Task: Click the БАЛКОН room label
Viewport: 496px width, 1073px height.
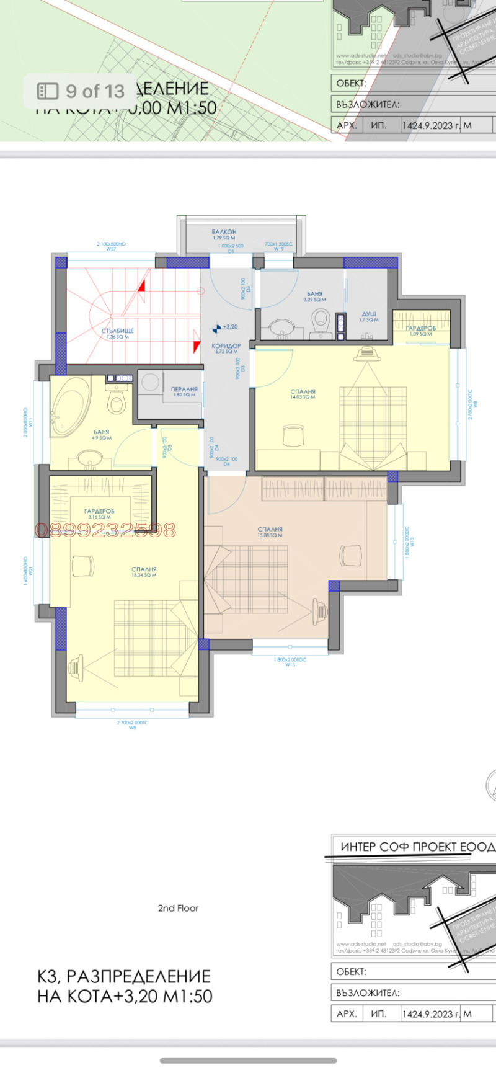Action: (224, 232)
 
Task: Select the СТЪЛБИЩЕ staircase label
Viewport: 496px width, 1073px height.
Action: (118, 331)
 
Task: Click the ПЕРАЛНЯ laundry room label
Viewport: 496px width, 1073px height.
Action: (184, 390)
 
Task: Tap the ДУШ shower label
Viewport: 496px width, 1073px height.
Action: (369, 315)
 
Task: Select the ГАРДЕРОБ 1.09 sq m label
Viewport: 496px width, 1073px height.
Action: (421, 329)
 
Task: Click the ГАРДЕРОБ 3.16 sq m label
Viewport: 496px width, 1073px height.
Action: (99, 512)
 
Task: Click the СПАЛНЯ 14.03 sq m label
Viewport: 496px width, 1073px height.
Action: (303, 392)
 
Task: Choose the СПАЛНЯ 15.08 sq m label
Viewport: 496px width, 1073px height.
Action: (270, 530)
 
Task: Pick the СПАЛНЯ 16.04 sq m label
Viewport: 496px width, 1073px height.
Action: (144, 569)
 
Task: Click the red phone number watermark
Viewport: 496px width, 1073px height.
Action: (105, 530)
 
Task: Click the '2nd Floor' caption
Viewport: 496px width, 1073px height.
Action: (178, 908)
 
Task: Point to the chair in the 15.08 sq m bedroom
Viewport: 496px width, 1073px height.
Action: (351, 552)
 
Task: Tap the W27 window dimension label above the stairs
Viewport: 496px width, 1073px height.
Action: (112, 249)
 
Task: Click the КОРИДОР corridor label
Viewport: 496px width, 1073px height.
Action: (226, 346)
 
